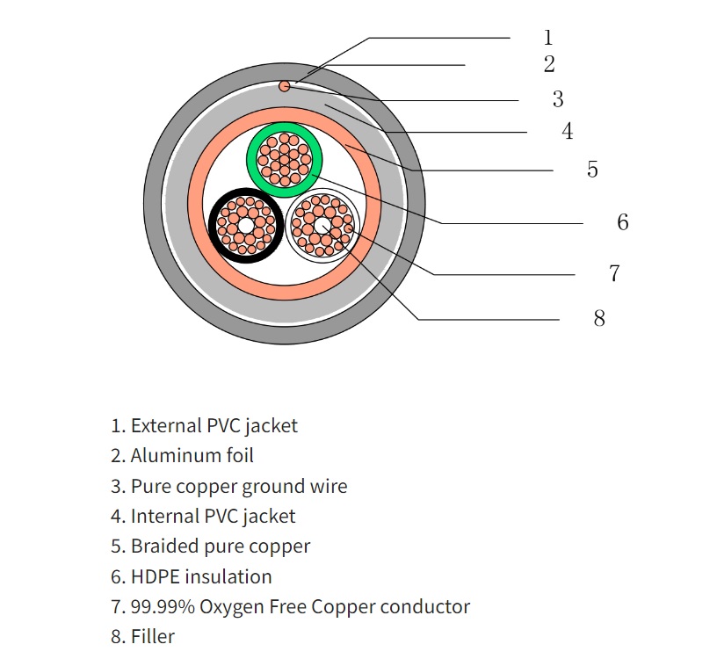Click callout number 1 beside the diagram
pyautogui.click(x=548, y=38)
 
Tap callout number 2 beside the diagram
pyautogui.click(x=549, y=64)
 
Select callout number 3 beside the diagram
pyautogui.click(x=558, y=99)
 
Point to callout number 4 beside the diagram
pyautogui.click(x=568, y=131)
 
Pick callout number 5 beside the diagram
pyautogui.click(x=592, y=169)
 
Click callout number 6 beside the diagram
pyautogui.click(x=623, y=222)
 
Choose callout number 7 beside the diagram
pyautogui.click(x=614, y=273)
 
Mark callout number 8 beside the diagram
pyautogui.click(x=599, y=318)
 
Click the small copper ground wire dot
pyautogui.click(x=285, y=86)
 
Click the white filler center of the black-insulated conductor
pyautogui.click(x=245, y=226)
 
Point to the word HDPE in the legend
pyautogui.click(x=155, y=577)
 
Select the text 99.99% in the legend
pyautogui.click(x=163, y=607)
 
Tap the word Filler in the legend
pyautogui.click(x=153, y=637)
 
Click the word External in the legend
pyautogui.click(x=166, y=425)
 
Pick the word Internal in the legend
pyautogui.click(x=164, y=516)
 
